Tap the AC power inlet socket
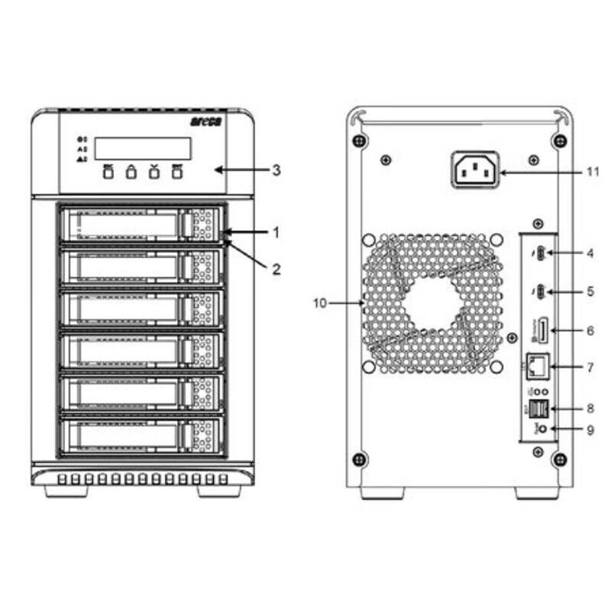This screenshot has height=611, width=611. tap(475, 169)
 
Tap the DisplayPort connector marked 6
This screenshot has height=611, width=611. tap(540, 331)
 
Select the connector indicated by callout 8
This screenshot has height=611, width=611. tap(537, 408)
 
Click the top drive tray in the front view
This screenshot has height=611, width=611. tap(141, 225)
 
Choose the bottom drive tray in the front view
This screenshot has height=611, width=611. tap(141, 435)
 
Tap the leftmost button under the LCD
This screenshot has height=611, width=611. tap(108, 173)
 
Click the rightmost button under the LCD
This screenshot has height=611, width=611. tap(177, 173)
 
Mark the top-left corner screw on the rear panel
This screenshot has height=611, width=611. tap(358, 141)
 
